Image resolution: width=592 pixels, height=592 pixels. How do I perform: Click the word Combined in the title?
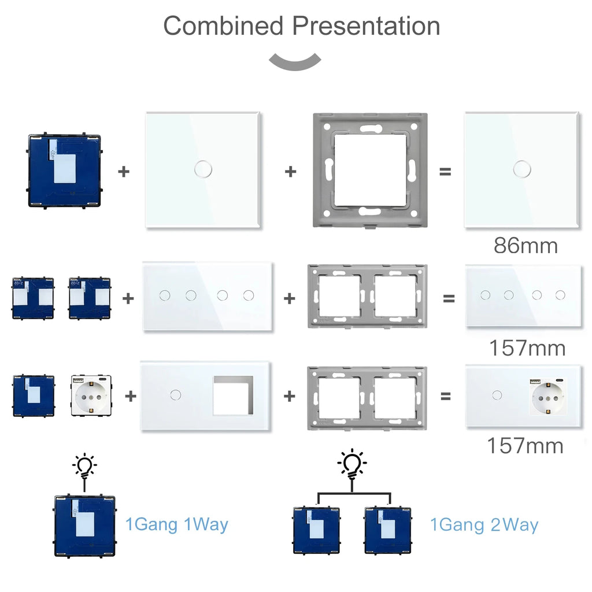click(x=223, y=26)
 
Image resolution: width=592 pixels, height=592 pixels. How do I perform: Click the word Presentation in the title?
click(x=365, y=26)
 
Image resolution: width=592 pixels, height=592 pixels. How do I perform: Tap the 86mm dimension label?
click(x=526, y=246)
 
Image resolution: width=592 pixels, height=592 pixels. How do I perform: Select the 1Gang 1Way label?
click(x=177, y=524)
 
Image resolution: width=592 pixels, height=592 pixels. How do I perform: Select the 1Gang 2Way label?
click(x=484, y=524)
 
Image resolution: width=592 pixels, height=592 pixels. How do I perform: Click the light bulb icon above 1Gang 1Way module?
click(x=84, y=466)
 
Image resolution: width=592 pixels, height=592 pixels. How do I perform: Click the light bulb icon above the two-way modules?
click(x=351, y=464)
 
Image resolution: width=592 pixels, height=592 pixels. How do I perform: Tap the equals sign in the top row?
click(x=445, y=171)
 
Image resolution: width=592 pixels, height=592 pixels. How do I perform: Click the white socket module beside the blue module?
click(x=91, y=396)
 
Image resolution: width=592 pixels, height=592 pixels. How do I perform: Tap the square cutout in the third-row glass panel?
click(x=233, y=396)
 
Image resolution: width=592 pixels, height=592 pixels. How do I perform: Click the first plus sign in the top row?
click(x=124, y=171)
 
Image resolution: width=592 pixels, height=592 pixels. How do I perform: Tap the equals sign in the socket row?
click(x=446, y=396)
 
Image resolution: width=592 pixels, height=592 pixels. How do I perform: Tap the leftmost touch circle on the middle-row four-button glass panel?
click(x=165, y=295)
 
